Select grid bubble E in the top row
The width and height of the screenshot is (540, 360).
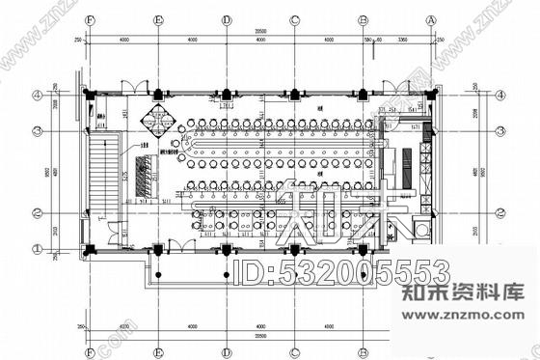[x=157, y=18]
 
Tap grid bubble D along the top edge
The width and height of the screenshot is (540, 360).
[x=226, y=18]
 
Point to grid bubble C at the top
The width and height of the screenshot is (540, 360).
[x=294, y=18]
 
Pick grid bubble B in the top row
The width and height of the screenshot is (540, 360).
[x=363, y=18]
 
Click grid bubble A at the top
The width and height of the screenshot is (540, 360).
[x=431, y=18]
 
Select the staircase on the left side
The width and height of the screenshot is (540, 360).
[x=101, y=174]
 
